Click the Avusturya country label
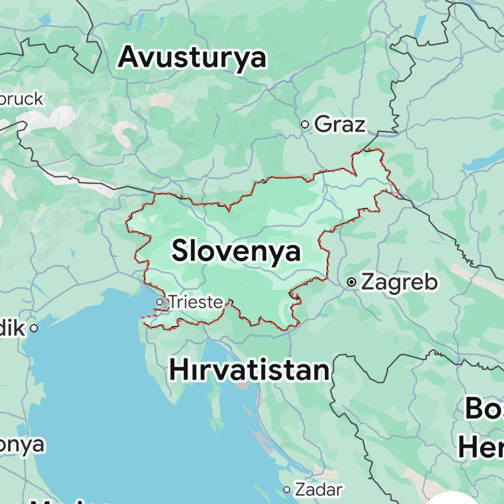192,57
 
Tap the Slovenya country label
236,251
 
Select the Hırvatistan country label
249,370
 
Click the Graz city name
340,125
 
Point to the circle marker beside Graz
305,125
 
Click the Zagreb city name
399,282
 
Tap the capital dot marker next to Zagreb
352,282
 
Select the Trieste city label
196,302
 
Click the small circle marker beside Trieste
160,302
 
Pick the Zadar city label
318,490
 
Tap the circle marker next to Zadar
287,490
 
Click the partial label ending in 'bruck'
21,99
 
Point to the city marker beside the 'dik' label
34,328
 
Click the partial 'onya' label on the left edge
22,445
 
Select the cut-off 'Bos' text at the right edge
484,409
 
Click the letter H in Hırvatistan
178,370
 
